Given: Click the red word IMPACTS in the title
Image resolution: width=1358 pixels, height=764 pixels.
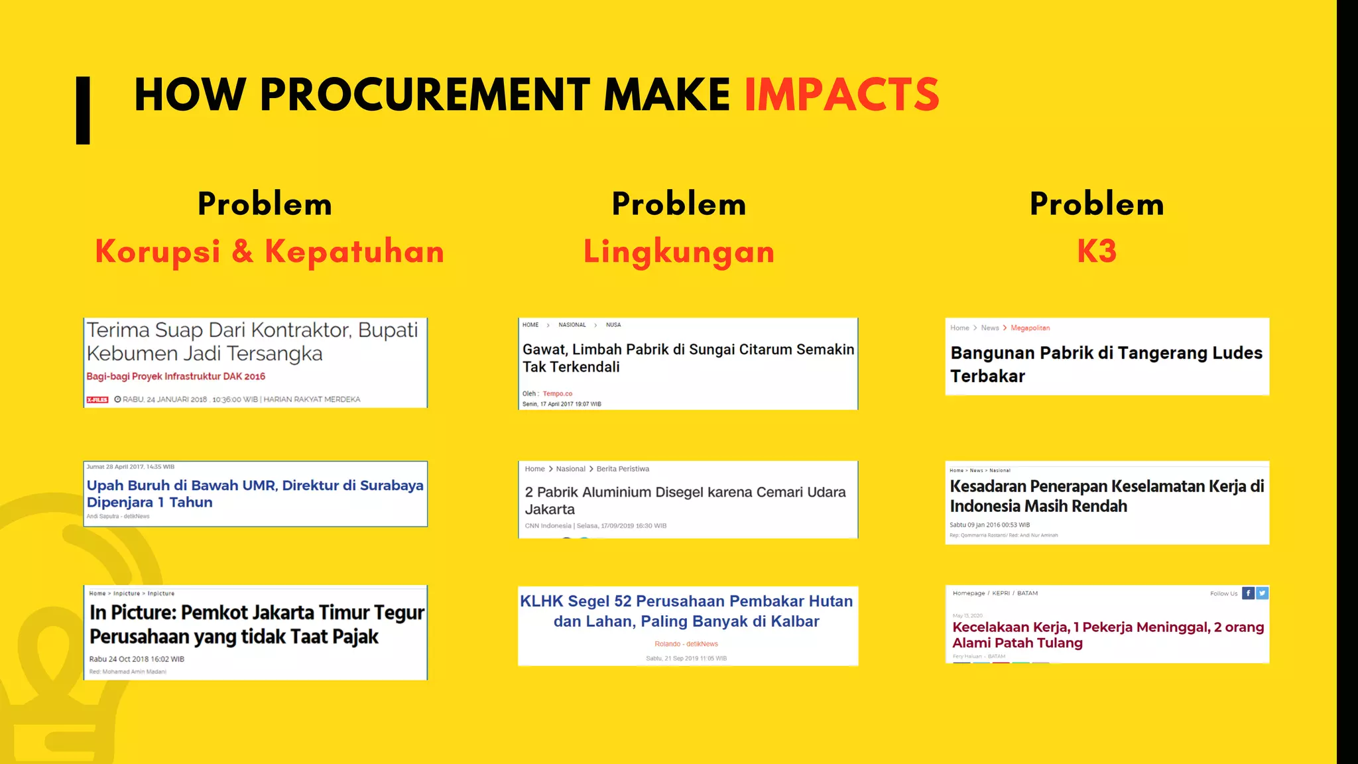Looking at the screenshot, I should (841, 95).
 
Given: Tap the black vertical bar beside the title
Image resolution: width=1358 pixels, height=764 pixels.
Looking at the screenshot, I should (83, 110).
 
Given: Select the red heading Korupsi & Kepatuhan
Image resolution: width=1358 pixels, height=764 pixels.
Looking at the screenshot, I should (269, 251).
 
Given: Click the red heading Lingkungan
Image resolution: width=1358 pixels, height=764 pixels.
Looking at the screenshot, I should (679, 251).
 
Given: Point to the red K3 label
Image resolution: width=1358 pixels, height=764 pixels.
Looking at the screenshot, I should (1097, 251).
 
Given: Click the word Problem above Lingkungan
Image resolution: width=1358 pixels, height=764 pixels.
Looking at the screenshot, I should (679, 204).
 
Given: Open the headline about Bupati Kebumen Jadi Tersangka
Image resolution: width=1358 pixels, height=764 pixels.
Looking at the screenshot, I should (252, 342).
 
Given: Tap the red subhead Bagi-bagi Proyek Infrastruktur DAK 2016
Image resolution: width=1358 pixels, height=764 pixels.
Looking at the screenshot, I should (176, 376).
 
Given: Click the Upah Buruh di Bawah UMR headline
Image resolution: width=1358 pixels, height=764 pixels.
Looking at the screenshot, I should (255, 493).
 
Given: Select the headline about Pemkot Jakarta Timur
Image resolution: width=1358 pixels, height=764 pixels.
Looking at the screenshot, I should (257, 624).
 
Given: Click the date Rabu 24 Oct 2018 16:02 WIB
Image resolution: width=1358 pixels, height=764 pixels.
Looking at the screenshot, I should (137, 659).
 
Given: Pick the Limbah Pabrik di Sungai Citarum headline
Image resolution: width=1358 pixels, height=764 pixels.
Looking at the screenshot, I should (688, 358).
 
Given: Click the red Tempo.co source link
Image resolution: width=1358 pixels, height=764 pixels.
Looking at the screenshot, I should (557, 393).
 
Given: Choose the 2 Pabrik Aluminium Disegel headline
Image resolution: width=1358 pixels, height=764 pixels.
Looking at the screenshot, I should (685, 501).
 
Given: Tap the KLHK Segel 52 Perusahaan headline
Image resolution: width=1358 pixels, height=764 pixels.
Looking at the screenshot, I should (686, 611).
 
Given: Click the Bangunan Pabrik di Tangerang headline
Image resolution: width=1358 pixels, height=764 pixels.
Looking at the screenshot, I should (1105, 364).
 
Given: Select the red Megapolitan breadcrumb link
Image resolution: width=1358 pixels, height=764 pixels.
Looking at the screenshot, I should (1030, 328).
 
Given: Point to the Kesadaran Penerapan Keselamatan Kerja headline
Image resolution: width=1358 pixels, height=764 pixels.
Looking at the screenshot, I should (1106, 496).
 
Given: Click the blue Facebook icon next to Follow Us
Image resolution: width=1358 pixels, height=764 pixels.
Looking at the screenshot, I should (1247, 593).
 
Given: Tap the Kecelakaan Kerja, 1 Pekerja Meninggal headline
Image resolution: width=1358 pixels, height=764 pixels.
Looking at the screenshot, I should (1107, 635).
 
